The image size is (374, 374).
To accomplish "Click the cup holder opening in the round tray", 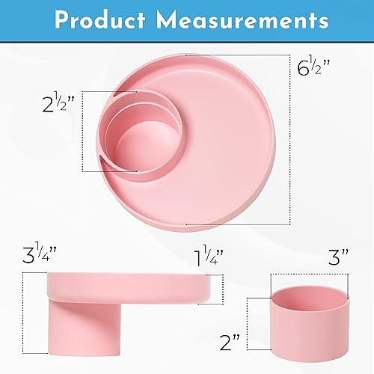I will (139, 142).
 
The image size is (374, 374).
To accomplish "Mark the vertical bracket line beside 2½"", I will (82, 132).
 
